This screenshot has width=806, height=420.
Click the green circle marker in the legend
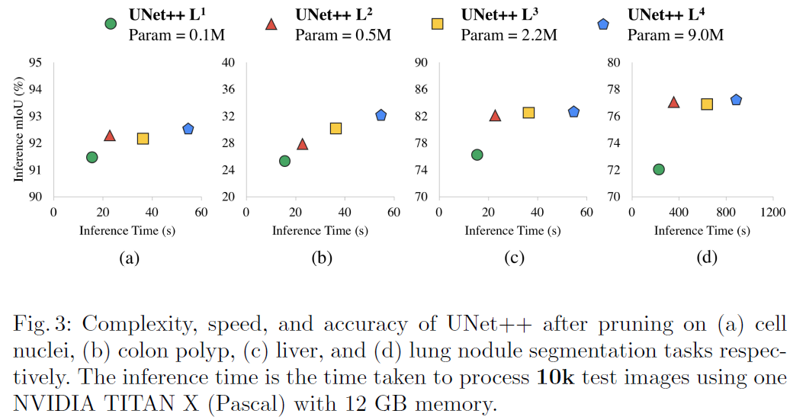[111, 24]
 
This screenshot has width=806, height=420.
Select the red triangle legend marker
[271, 24]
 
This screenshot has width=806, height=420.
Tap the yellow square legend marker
[438, 24]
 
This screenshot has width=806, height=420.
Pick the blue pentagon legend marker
[604, 24]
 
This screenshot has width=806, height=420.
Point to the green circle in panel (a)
[92, 157]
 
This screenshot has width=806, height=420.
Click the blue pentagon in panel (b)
[381, 115]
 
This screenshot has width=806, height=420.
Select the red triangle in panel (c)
[495, 116]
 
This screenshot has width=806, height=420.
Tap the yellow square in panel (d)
[707, 104]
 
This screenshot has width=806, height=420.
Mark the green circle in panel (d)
[659, 169]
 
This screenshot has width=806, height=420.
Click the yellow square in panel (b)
[336, 128]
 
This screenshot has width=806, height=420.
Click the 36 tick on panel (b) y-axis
[227, 90]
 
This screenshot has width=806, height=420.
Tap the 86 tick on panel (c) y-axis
[419, 90]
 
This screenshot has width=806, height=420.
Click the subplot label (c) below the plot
[514, 258]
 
